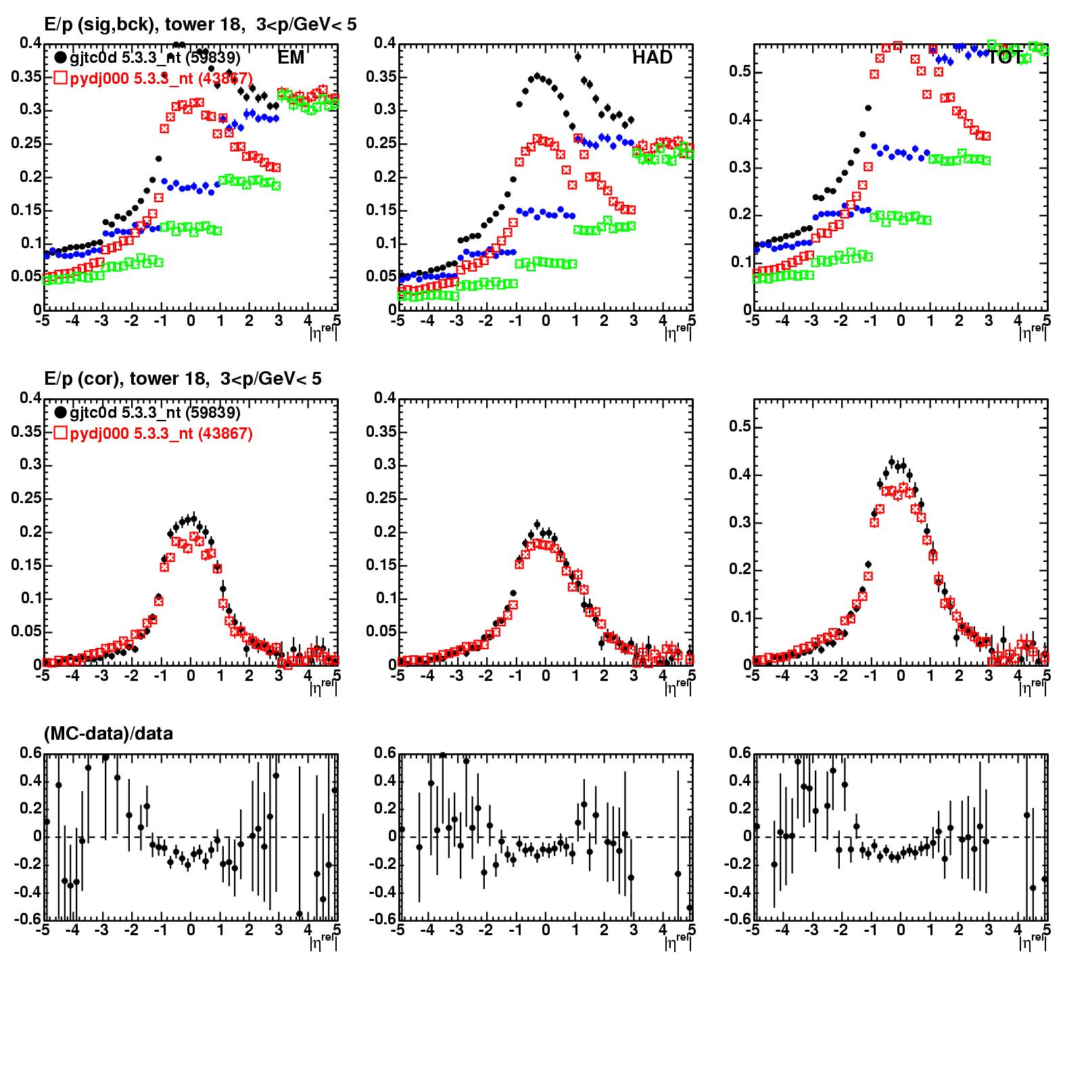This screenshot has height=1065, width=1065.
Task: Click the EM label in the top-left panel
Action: (291, 58)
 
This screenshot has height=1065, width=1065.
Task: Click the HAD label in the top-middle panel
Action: (653, 58)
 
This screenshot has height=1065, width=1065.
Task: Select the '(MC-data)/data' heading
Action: (108, 734)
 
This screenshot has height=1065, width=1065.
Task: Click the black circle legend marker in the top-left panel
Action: (61, 58)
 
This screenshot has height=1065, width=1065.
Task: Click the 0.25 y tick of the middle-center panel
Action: (380, 498)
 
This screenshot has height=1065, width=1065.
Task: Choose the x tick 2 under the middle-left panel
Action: (250, 676)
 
